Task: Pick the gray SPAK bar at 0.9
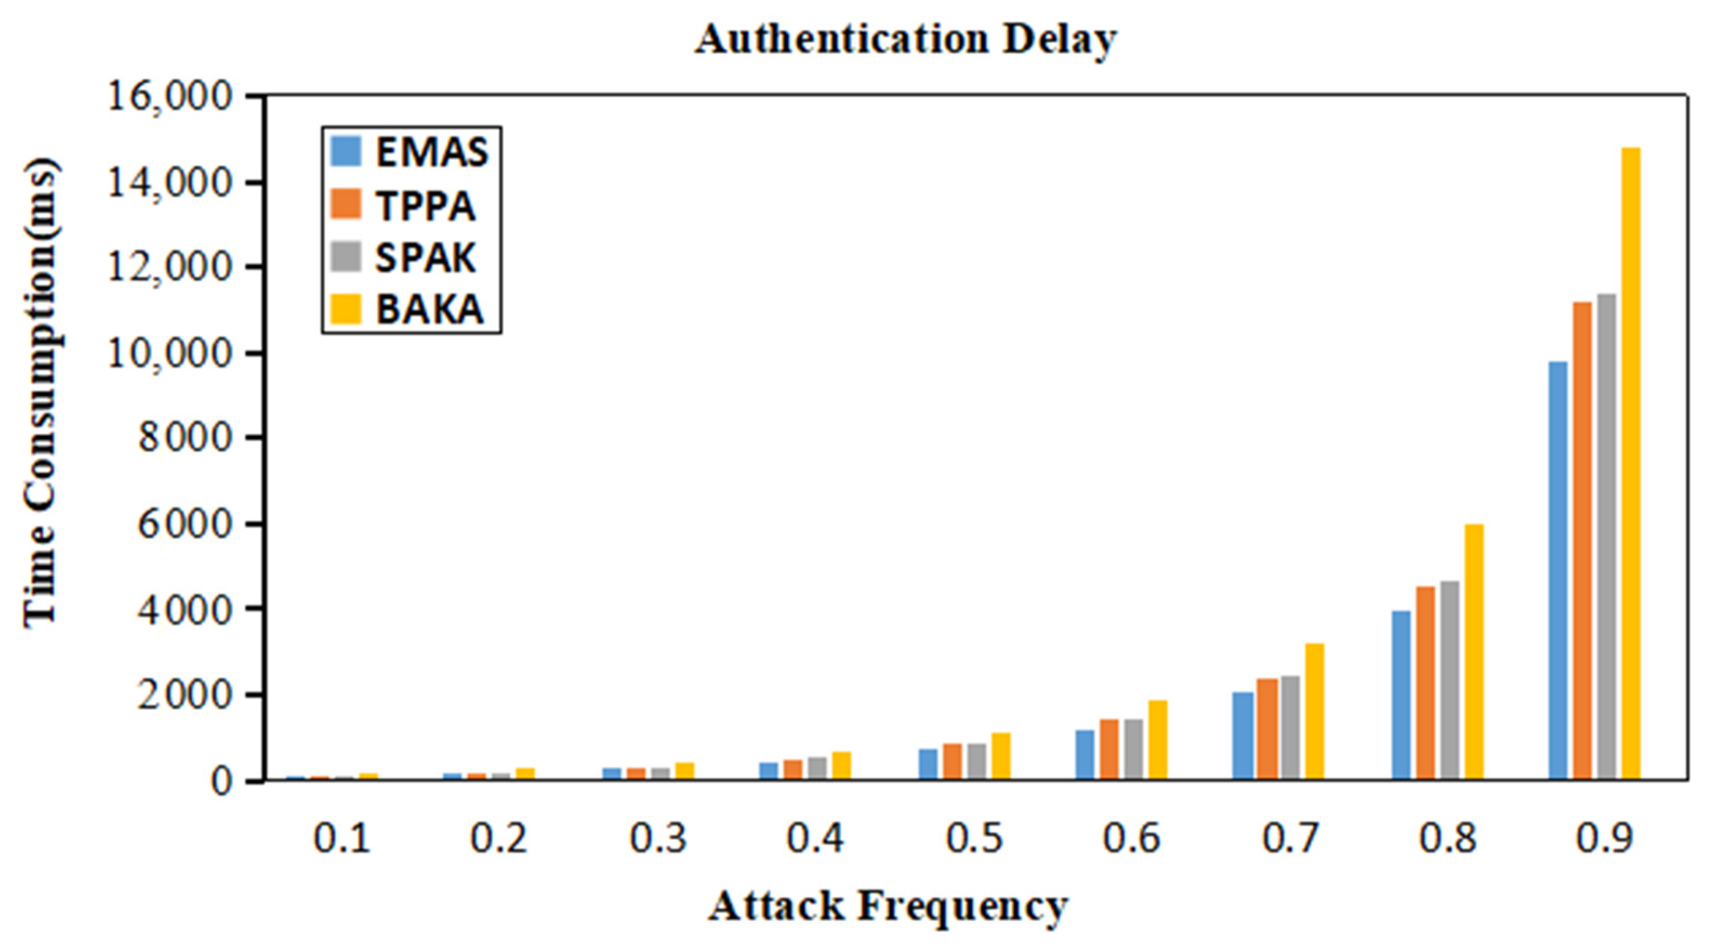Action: pyautogui.click(x=1606, y=536)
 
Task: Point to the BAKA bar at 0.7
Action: pyautogui.click(x=1315, y=711)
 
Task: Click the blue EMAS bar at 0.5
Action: pyautogui.click(x=928, y=764)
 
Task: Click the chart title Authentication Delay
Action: pyautogui.click(x=905, y=40)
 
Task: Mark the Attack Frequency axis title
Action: pyautogui.click(x=888, y=906)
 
